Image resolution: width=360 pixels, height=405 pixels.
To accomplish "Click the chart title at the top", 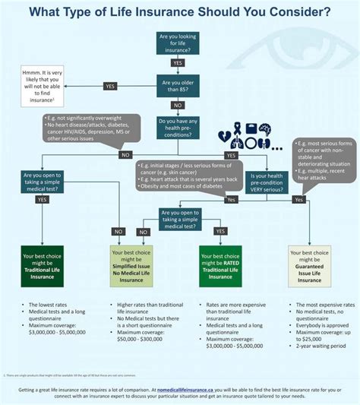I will click(179, 12).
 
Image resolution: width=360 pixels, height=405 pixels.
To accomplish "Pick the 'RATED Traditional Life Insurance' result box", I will click(221, 266).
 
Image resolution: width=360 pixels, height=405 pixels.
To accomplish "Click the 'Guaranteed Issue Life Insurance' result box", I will click(309, 266).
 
